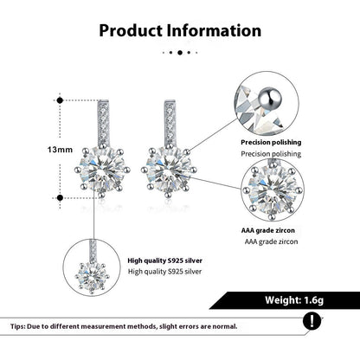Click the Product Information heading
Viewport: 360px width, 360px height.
point(179,30)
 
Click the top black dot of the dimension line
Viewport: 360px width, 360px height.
point(60,100)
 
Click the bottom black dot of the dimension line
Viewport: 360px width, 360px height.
point(60,198)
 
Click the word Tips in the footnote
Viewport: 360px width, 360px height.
point(17,327)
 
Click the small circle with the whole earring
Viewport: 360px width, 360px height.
point(93,267)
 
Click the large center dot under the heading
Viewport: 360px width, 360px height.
point(180,52)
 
